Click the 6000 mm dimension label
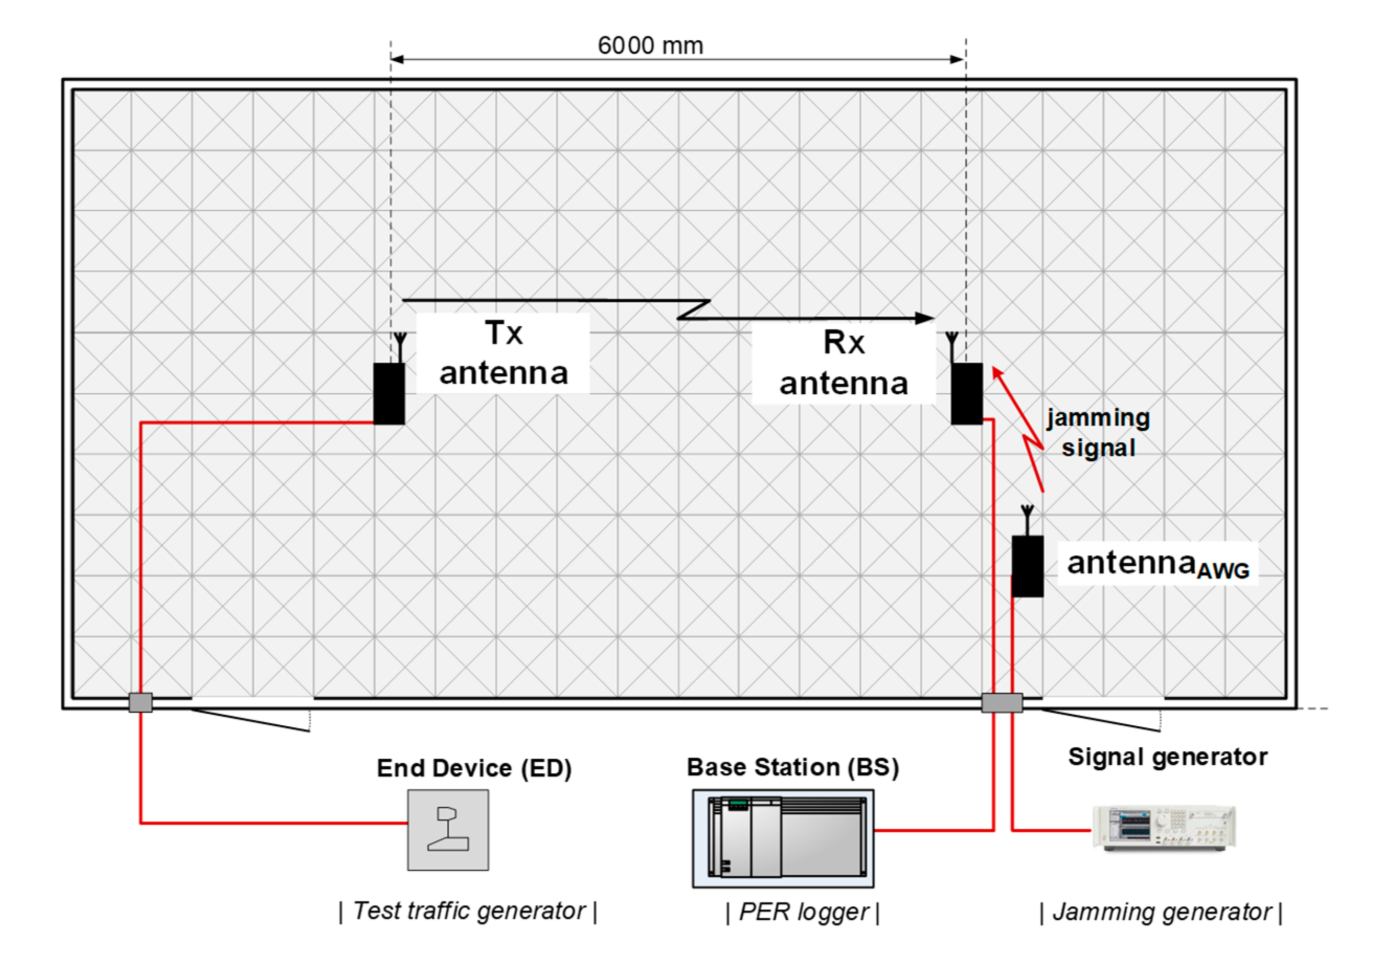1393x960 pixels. click(650, 45)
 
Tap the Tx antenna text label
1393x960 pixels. click(503, 353)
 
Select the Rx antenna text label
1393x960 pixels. click(844, 363)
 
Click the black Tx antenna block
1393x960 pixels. click(389, 393)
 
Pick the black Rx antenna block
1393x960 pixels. click(966, 393)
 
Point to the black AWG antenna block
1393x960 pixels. click(1027, 566)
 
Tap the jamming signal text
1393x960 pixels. click(1098, 432)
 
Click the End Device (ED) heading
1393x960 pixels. click(474, 768)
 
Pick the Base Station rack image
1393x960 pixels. click(783, 838)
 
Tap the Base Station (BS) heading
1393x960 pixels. click(792, 767)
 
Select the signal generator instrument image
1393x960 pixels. click(1164, 828)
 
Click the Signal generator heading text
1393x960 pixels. click(1168, 757)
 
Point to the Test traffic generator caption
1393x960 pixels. click(468, 911)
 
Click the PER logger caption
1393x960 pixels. click(803, 912)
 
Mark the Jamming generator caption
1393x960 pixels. click(1161, 912)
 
